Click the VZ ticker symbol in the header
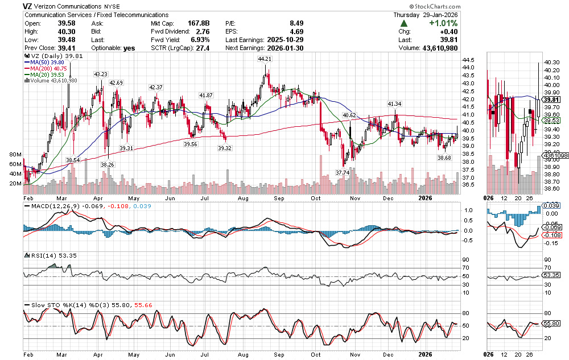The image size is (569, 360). tap(27, 6)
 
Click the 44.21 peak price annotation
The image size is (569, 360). tap(264, 59)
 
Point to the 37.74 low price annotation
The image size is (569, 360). tap(342, 172)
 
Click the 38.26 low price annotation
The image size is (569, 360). tap(106, 164)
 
